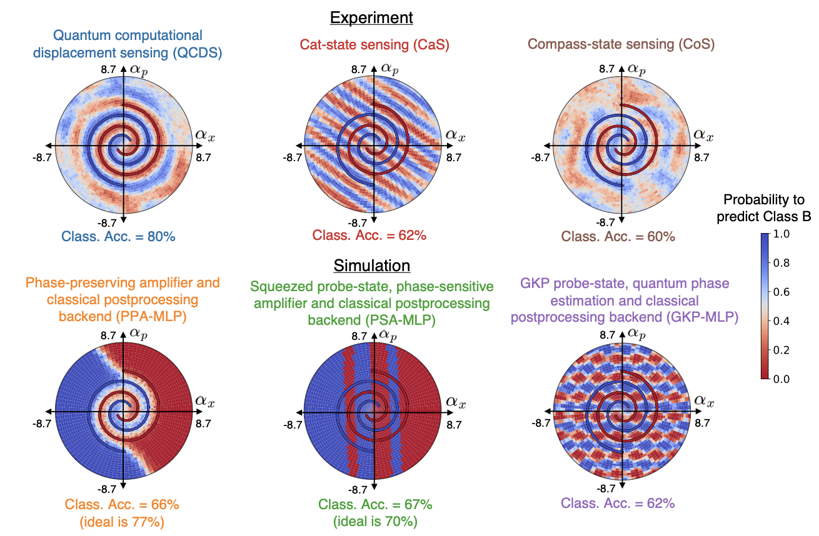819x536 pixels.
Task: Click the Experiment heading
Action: (x=371, y=17)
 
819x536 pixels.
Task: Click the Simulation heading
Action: (x=372, y=265)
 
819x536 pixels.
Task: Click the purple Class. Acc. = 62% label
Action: (x=618, y=503)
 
